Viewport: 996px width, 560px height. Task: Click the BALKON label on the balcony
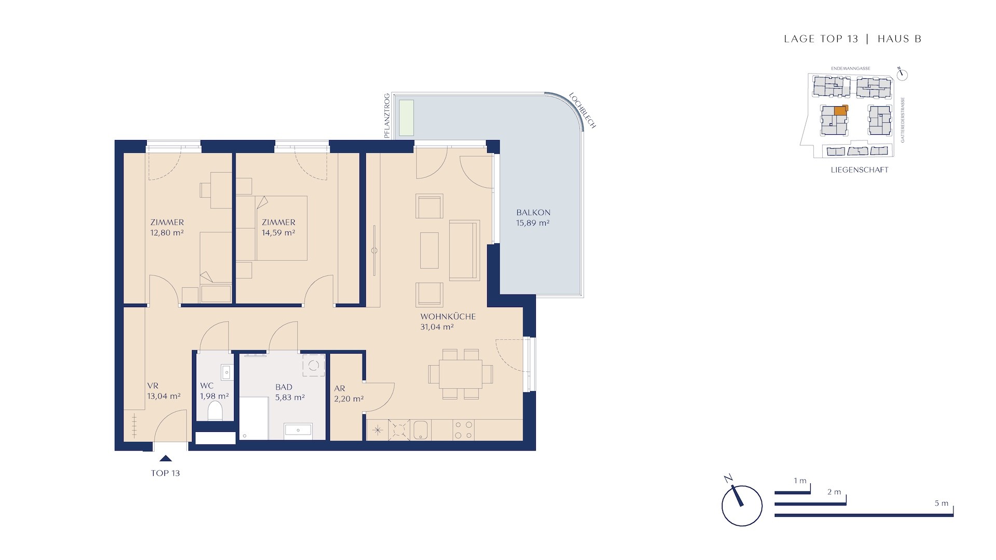tap(533, 213)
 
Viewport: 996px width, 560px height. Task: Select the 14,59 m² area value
tap(279, 233)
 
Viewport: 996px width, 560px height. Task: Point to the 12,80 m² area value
tap(167, 233)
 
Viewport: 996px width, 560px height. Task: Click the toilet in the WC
tap(215, 412)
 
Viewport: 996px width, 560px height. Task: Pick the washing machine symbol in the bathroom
tap(313, 365)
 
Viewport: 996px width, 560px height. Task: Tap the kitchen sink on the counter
tap(421, 430)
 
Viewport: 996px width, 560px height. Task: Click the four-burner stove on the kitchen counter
tap(463, 430)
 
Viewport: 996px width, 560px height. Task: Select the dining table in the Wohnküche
tap(460, 374)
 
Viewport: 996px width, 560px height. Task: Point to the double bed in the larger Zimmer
tap(281, 228)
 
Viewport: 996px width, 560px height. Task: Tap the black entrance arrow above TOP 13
tap(165, 458)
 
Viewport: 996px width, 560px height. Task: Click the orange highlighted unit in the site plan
tap(840, 110)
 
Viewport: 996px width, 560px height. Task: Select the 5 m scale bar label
tap(942, 503)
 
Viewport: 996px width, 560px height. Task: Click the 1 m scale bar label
tap(800, 481)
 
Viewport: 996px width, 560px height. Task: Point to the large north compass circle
tap(742, 506)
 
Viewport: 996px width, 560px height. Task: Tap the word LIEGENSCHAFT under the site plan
tap(860, 170)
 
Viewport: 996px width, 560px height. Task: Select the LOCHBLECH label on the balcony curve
tap(583, 110)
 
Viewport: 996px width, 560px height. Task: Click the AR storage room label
tap(340, 388)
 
